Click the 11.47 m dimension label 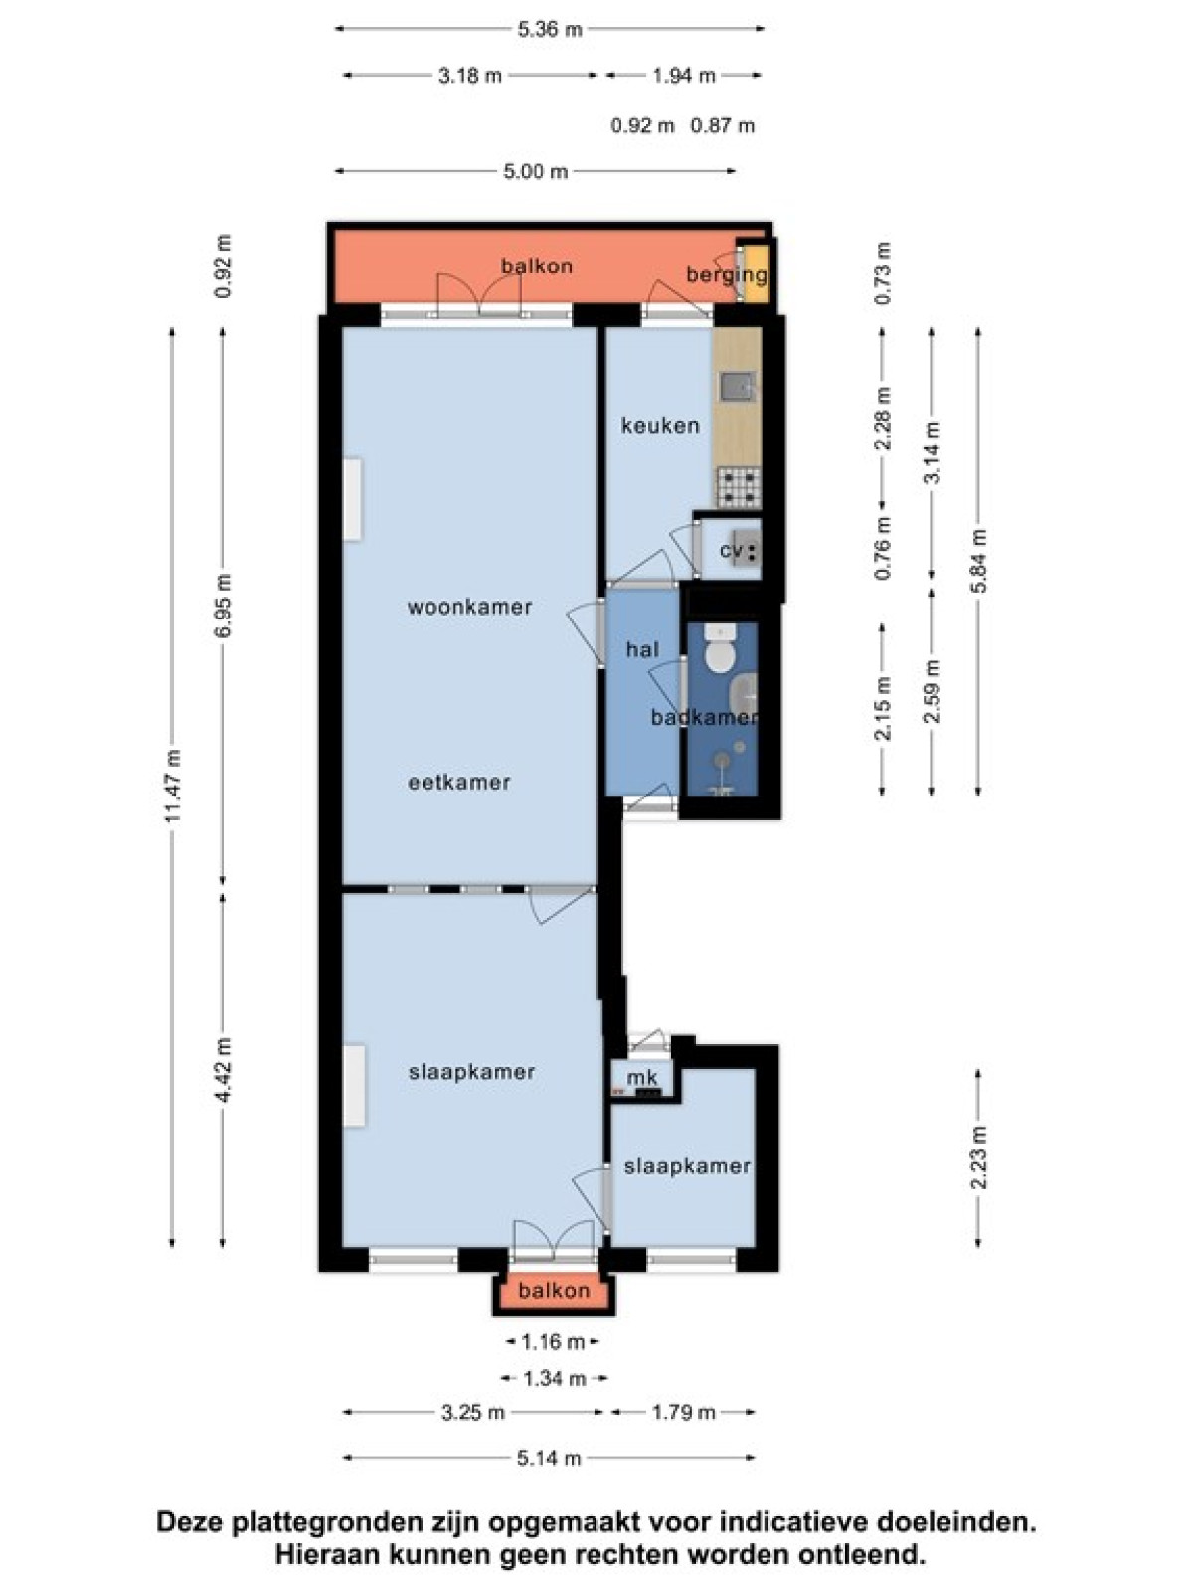[x=172, y=786]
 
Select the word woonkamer [x=469, y=607]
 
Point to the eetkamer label [x=458, y=783]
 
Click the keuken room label [x=660, y=425]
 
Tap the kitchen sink [x=737, y=387]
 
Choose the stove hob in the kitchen [x=739, y=487]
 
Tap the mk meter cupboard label [x=642, y=1078]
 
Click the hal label [x=642, y=649]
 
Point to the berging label [x=726, y=276]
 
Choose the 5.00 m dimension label [x=535, y=172]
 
